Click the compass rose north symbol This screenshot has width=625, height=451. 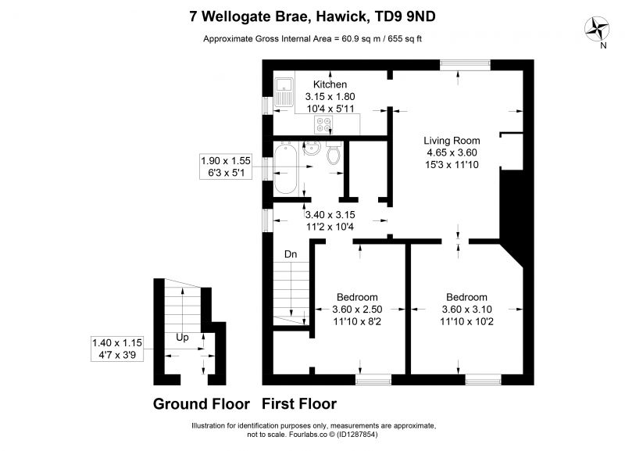[x=597, y=29]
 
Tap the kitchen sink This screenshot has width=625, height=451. [x=284, y=91]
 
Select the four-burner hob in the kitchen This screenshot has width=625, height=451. [x=323, y=124]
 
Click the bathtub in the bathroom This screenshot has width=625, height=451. [x=286, y=168]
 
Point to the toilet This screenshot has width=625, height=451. [x=334, y=152]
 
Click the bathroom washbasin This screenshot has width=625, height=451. [x=312, y=149]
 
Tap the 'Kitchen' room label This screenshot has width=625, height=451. [x=330, y=84]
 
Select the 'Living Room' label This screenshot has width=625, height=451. [x=452, y=141]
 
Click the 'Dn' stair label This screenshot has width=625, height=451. [x=291, y=254]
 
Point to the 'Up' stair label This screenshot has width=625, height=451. [x=182, y=338]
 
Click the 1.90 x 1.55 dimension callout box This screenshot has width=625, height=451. [x=226, y=166]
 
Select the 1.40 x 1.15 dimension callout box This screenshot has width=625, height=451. [x=117, y=349]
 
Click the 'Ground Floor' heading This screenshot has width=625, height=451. [x=202, y=404]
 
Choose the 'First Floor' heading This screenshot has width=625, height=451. [x=299, y=404]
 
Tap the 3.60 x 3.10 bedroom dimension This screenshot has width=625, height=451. [x=466, y=309]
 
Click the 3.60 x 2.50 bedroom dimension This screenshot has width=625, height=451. [x=357, y=309]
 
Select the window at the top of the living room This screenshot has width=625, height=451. [x=465, y=65]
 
